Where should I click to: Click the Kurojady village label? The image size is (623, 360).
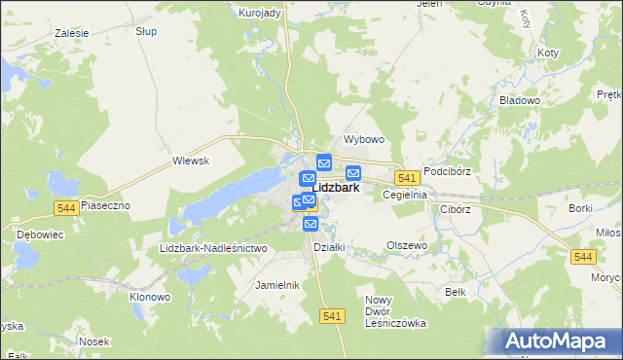(259, 12)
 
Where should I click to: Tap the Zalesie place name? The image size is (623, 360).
(71, 33)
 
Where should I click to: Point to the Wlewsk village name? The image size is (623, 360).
(191, 161)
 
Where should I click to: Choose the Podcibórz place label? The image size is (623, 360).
(447, 170)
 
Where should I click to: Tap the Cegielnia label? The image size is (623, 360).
(405, 195)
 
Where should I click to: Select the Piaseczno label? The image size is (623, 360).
(104, 206)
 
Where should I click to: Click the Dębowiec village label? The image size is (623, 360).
(39, 234)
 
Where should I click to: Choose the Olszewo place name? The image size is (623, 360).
(407, 246)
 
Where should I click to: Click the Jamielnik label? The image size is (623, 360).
(276, 285)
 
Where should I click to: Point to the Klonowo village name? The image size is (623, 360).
(150, 296)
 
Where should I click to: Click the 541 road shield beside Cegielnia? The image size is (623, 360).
(407, 178)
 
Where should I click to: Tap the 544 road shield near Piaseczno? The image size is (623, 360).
(67, 207)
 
